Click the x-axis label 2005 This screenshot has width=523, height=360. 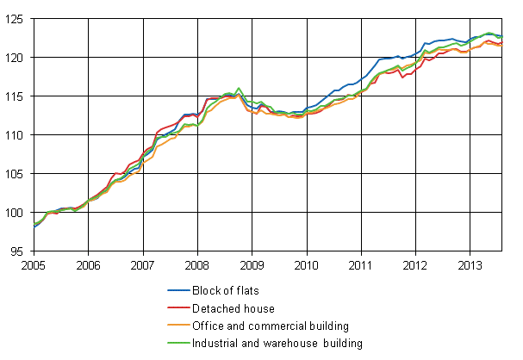[x=34, y=264]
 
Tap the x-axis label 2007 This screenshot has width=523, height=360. [x=142, y=264]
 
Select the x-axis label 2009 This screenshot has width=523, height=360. [x=251, y=264]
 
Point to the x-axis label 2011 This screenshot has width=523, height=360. [x=360, y=264]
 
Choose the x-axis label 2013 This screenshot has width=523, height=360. [x=469, y=264]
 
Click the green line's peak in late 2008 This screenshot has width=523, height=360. [x=239, y=88]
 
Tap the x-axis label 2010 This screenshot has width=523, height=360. [x=305, y=264]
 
